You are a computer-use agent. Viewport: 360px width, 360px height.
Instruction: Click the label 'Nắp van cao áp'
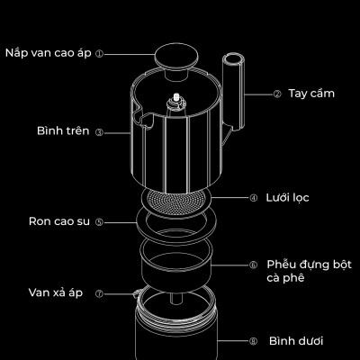tap(49, 53)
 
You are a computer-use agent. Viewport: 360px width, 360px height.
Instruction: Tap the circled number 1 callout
tap(100, 53)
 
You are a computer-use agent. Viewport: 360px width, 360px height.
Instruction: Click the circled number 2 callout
tap(277, 93)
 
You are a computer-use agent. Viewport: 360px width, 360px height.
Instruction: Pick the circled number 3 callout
tap(99, 131)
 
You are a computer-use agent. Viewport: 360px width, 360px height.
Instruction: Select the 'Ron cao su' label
tap(58, 220)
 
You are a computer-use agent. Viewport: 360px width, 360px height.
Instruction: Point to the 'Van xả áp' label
tap(55, 293)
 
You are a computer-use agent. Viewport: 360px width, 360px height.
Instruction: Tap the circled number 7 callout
tap(99, 293)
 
